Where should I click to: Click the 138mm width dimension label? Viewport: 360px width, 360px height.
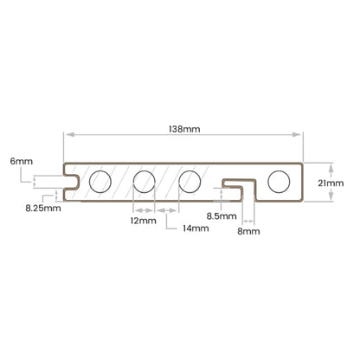pos(184,129)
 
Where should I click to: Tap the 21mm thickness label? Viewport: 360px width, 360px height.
pos(331,183)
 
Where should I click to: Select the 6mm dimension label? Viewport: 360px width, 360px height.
pos(22,161)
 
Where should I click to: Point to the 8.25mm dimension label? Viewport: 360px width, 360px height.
pos(43,208)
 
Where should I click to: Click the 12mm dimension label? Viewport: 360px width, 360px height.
pos(144,221)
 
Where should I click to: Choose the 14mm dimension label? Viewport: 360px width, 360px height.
pos(196,228)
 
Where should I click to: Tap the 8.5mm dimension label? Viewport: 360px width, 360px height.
pos(222,216)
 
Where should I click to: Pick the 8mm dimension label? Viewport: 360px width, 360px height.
pos(248,231)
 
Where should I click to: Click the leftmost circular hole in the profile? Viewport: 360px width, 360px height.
pos(100,182)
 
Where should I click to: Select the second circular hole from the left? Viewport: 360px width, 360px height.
pos(145,182)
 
